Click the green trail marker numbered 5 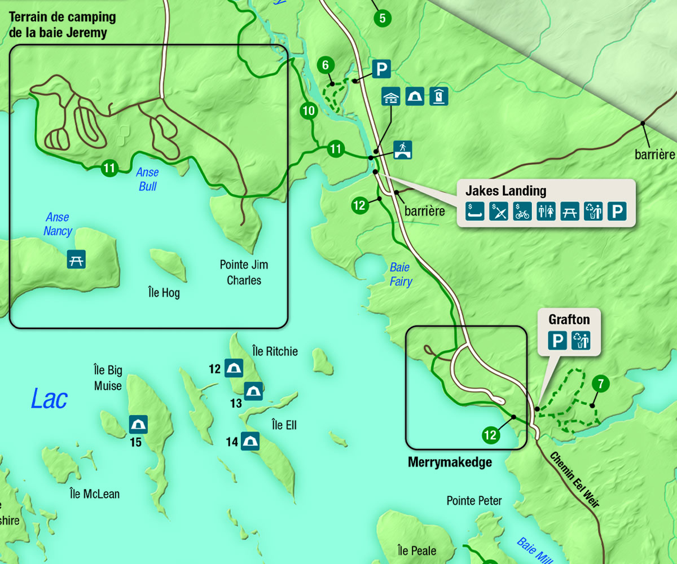[383, 18]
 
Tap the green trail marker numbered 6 [325, 65]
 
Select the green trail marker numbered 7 [601, 385]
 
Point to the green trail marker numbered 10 [308, 111]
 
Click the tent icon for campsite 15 [138, 424]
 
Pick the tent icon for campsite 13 [253, 391]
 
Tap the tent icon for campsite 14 [250, 441]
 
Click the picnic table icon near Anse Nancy [76, 259]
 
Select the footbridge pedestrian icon [403, 149]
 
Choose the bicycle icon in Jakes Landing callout [522, 211]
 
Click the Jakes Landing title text [505, 190]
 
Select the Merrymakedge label [450, 462]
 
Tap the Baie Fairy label [401, 275]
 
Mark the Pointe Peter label [474, 501]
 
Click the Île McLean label [94, 494]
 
